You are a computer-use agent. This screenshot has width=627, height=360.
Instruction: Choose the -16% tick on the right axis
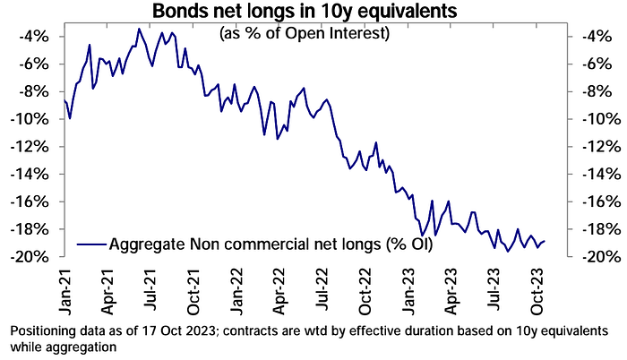click(593, 201)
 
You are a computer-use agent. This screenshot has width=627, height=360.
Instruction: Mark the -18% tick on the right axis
click(593, 228)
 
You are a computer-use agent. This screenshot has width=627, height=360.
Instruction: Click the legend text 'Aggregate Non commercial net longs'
click(269, 244)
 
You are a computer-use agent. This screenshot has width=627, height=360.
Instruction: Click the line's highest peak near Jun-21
click(139, 29)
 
